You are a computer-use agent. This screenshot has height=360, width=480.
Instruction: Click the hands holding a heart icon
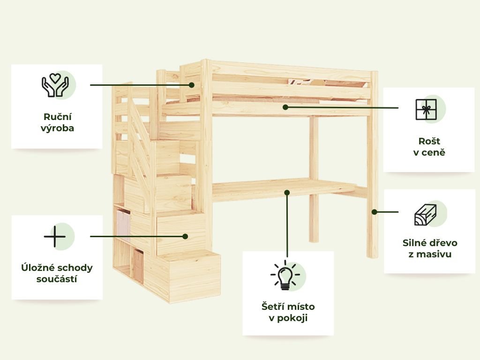pos(55,85)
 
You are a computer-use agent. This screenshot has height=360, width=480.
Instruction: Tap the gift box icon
pos(426,109)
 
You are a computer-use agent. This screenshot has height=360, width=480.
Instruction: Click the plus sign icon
pos(55,236)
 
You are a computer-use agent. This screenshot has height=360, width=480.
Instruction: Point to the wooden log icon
pos(425,215)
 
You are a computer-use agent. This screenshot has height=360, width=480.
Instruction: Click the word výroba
pos(57,128)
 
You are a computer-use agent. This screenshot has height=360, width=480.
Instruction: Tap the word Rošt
pos(429,141)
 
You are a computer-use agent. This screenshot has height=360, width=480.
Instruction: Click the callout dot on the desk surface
pos(287,192)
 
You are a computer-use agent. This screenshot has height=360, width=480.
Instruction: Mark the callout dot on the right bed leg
pos(374,212)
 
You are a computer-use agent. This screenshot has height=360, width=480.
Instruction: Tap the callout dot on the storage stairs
pos(185,236)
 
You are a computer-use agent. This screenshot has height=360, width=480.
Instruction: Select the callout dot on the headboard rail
pos(192,85)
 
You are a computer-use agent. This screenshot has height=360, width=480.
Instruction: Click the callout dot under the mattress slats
pos(285,107)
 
